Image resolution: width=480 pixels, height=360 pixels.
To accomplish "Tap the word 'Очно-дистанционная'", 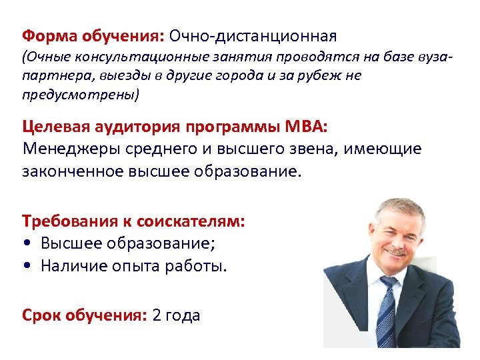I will [x=253, y=35].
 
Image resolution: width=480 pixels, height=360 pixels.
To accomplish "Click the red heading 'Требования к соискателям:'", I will [x=133, y=221].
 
